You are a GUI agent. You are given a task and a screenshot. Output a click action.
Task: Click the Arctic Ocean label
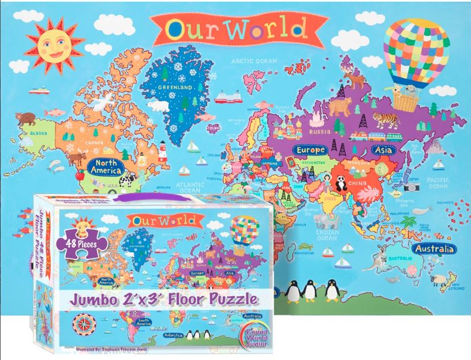pyautogui.click(x=249, y=60)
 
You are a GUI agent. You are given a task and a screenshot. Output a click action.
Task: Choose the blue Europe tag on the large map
pyautogui.click(x=309, y=150)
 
